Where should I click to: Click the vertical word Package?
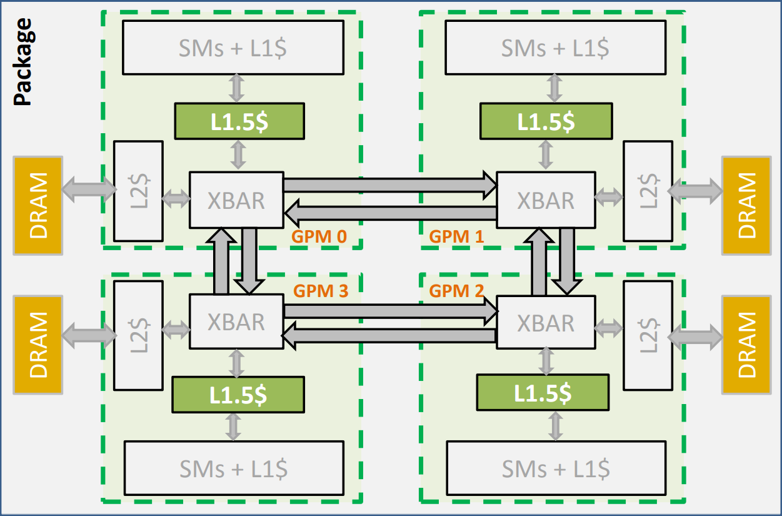click(23, 61)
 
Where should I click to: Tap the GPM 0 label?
click(319, 236)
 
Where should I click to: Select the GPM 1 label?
click(456, 236)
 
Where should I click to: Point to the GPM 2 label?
click(456, 291)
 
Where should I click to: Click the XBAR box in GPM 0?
click(236, 200)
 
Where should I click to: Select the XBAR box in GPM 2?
click(545, 323)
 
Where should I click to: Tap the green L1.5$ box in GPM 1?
click(546, 121)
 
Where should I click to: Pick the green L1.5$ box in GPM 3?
click(238, 393)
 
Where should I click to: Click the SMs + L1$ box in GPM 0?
click(233, 48)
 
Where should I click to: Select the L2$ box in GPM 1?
click(648, 191)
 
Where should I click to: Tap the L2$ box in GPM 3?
click(138, 334)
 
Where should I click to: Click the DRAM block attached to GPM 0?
click(38, 205)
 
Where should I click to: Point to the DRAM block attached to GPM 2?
click(746, 345)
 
